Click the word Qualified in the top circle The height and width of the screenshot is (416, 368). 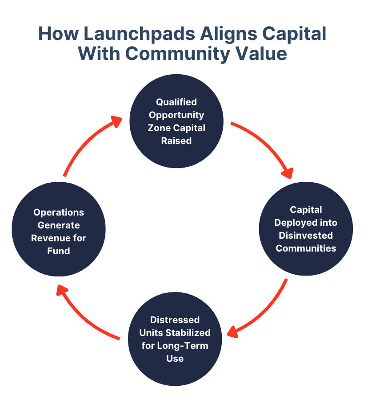(176, 102)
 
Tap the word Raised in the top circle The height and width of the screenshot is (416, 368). (176, 140)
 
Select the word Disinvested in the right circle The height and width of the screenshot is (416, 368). (306, 235)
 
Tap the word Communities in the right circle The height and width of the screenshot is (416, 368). (306, 248)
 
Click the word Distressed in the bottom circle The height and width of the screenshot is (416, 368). (175, 320)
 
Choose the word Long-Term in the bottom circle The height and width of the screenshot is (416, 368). (183, 345)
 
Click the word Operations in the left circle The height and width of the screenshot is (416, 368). (59, 212)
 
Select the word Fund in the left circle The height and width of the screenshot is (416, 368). (59, 251)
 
